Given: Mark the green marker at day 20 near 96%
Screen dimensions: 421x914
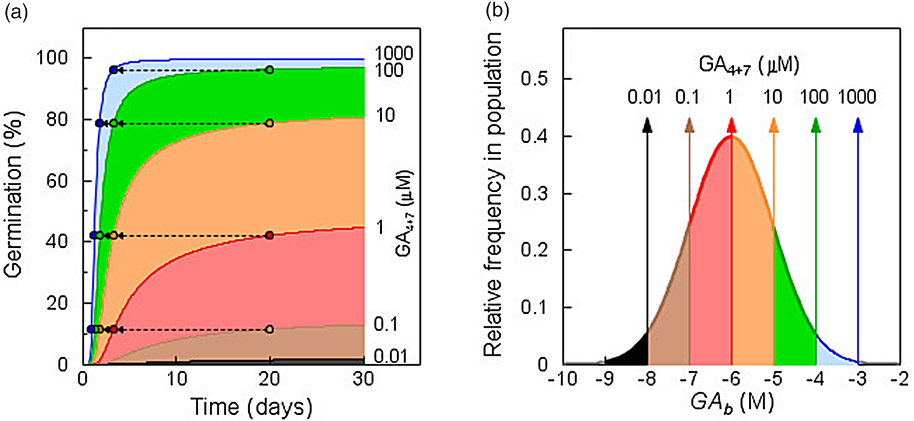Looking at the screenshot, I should click(x=270, y=70).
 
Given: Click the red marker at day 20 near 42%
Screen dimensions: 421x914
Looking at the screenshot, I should click(x=270, y=236).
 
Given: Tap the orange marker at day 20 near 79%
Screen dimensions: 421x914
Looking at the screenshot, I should click(x=270, y=123).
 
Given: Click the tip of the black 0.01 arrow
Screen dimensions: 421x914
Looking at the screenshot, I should click(x=647, y=121).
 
